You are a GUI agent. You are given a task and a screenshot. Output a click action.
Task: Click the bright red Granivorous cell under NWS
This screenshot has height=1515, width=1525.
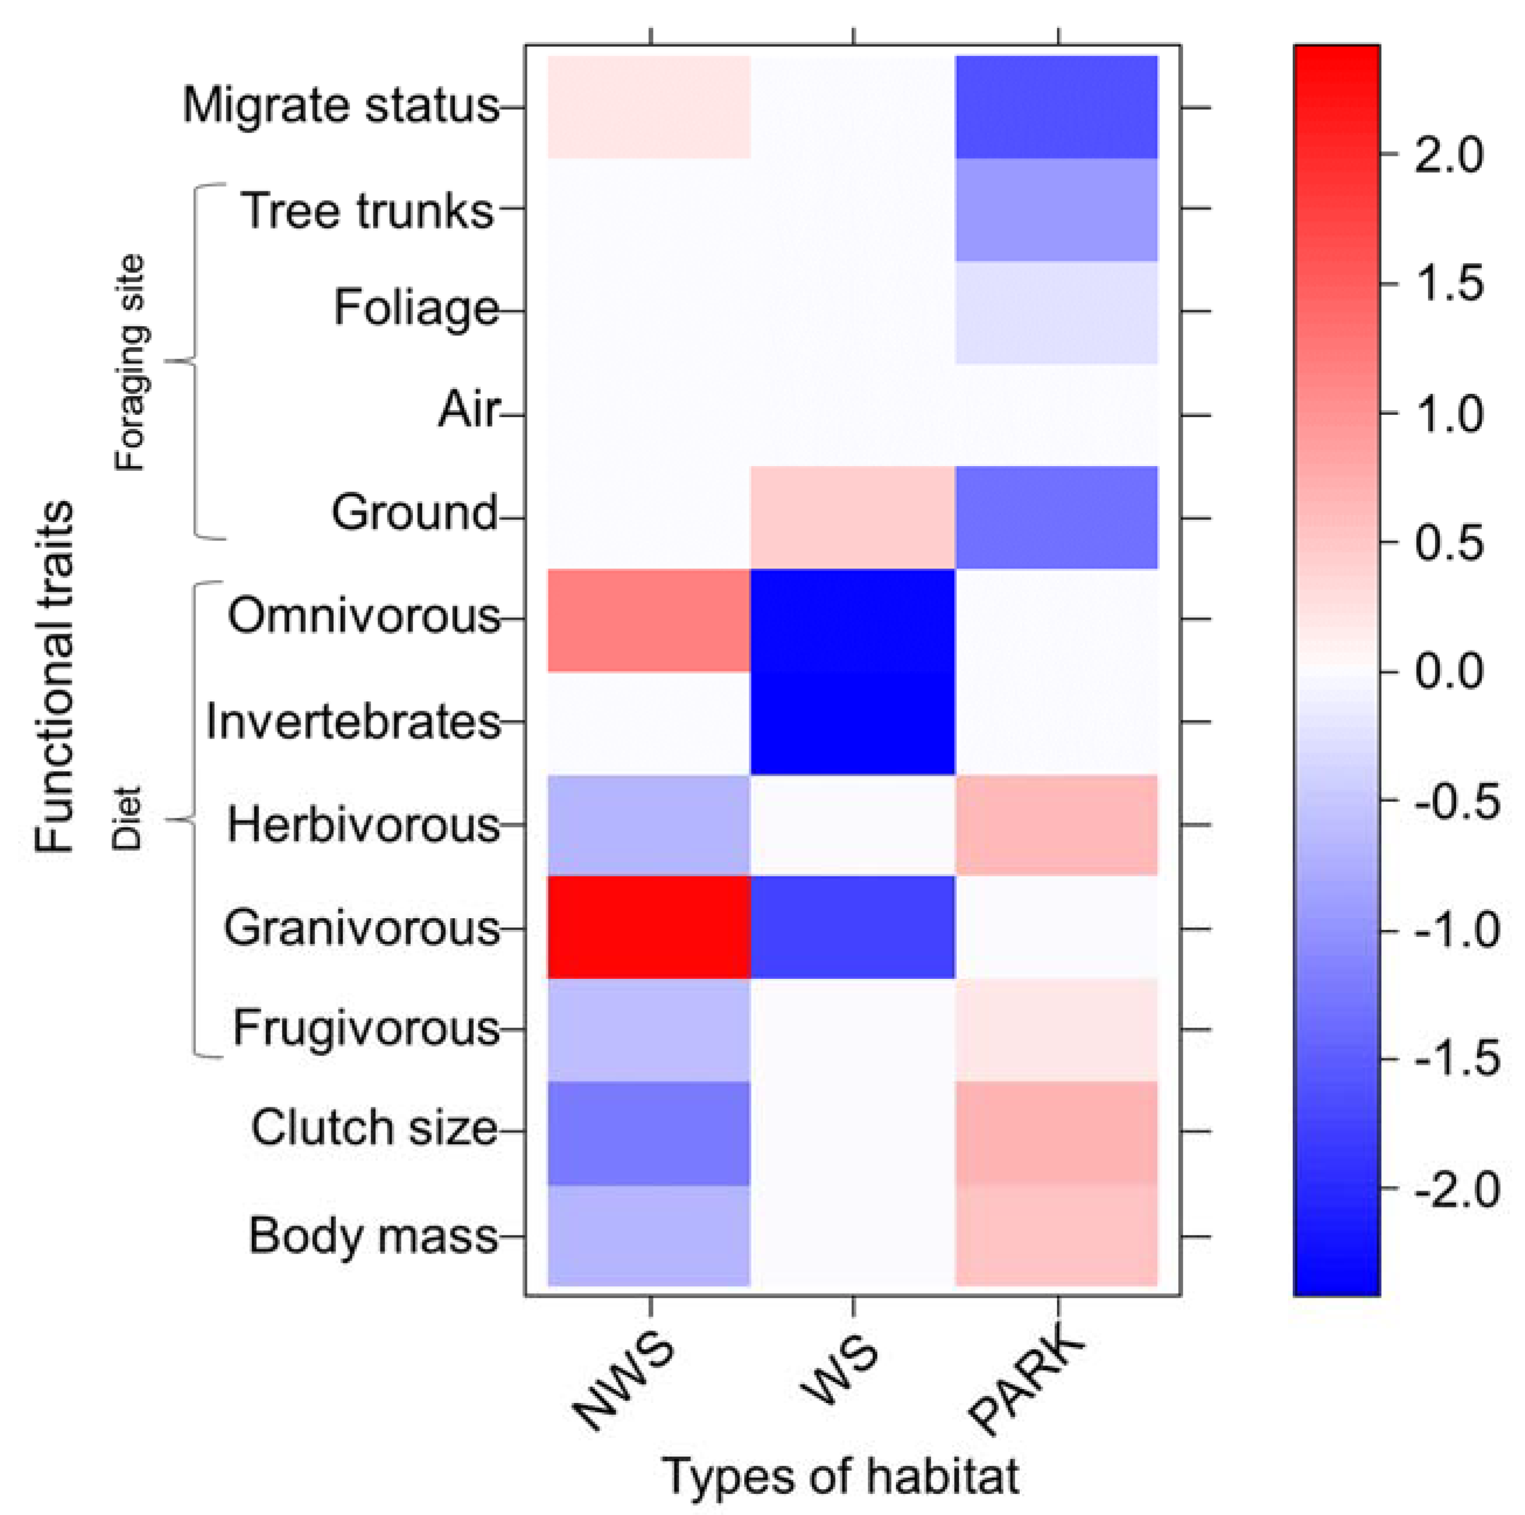[648, 927]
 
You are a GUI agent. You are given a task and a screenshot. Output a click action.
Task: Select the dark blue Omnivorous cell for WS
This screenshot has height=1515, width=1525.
[852, 620]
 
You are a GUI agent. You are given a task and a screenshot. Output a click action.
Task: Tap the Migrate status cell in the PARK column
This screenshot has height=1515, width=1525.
[1056, 107]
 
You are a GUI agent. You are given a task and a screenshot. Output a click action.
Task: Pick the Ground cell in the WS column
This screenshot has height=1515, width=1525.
[852, 517]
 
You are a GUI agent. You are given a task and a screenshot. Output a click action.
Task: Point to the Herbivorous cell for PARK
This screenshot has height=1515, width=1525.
[1056, 825]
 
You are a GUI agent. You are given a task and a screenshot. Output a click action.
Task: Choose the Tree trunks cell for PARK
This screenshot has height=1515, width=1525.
[1056, 209]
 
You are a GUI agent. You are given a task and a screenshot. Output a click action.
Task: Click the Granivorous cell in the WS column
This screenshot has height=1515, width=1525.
[852, 927]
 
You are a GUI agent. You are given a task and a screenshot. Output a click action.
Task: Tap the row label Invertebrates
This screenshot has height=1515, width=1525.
[353, 722]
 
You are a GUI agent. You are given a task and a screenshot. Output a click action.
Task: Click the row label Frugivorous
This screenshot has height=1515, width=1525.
[366, 1028]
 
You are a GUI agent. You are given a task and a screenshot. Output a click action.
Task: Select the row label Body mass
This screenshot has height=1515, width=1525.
[373, 1236]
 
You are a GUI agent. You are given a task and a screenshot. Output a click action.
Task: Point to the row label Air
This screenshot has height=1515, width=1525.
[469, 411]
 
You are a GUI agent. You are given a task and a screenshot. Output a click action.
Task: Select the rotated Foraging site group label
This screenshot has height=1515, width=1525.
[130, 363]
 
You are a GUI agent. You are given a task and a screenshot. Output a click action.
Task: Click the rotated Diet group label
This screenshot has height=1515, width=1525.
[126, 818]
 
